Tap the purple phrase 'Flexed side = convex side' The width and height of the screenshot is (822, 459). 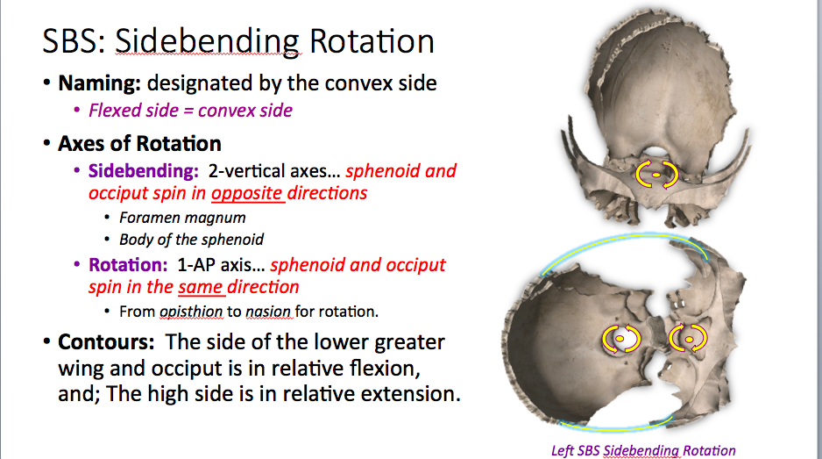click(x=190, y=111)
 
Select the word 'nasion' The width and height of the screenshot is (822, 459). click(x=267, y=312)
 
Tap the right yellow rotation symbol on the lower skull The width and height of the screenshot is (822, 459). click(x=687, y=337)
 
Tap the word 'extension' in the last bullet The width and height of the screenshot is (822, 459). click(x=407, y=394)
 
